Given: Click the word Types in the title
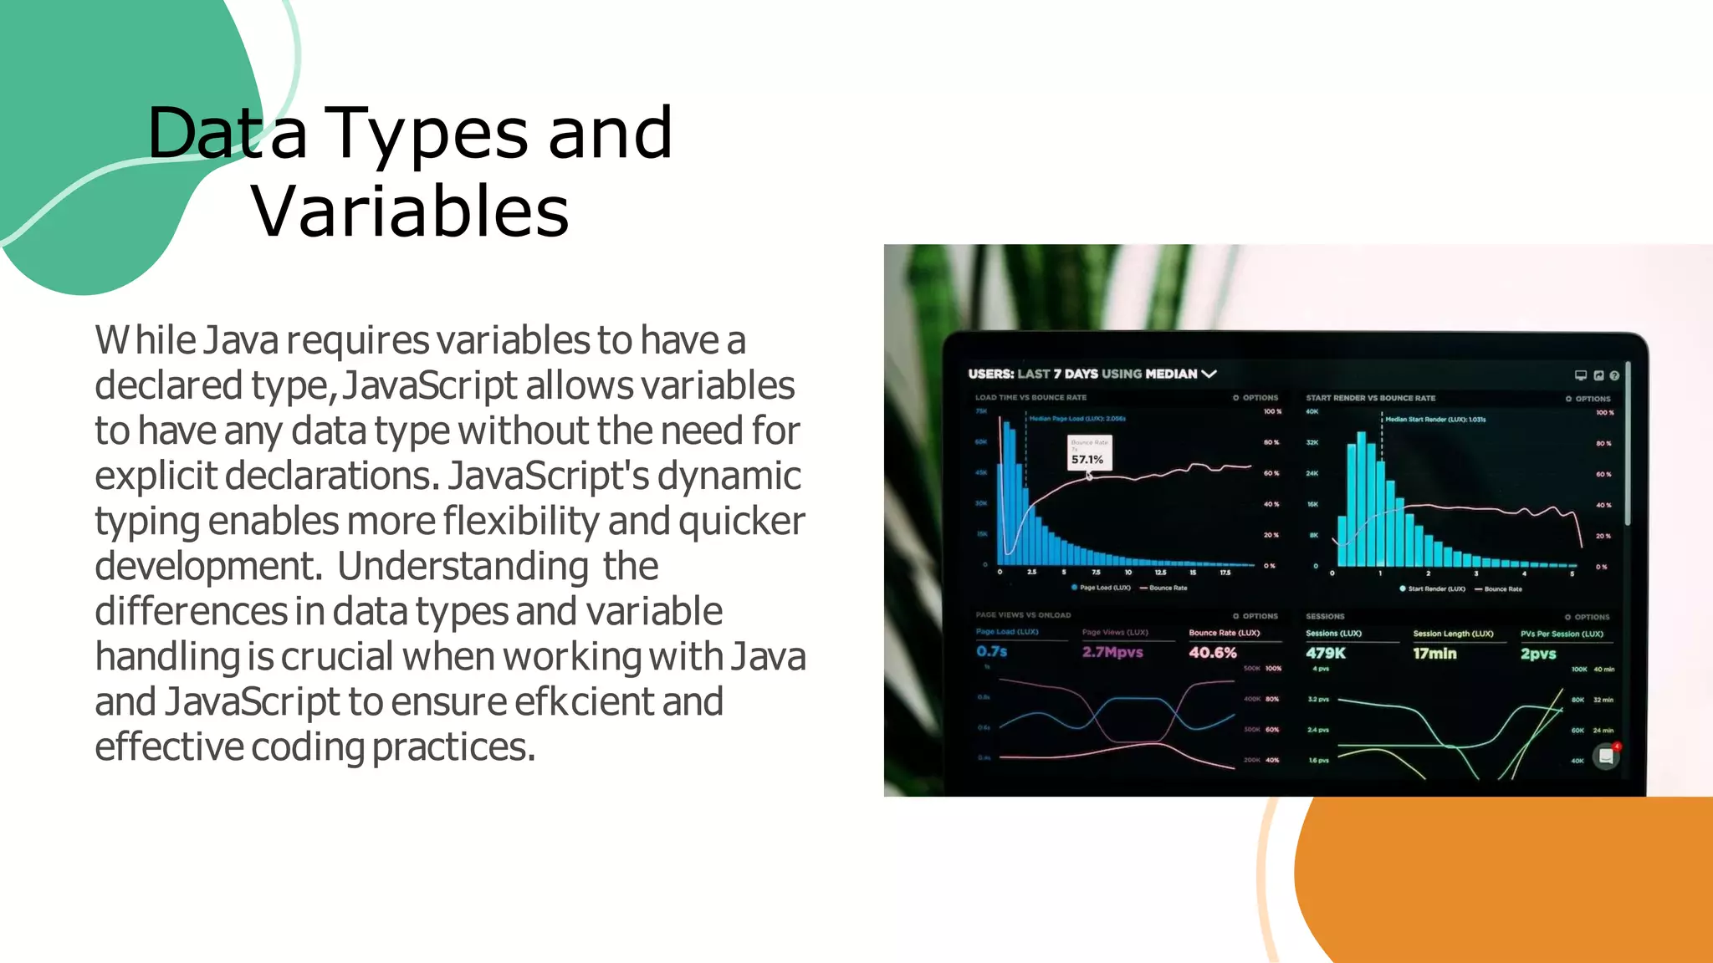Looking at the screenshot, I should pyautogui.click(x=426, y=135).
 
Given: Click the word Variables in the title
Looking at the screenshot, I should pyautogui.click(x=410, y=212).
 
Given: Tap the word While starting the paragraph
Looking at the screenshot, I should pyautogui.click(x=145, y=340).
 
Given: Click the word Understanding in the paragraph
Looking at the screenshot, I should pyautogui.click(x=463, y=566).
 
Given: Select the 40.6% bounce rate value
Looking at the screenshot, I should pyautogui.click(x=1212, y=653).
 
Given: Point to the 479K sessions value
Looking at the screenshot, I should pyautogui.click(x=1325, y=653).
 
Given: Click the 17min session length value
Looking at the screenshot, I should pyautogui.click(x=1434, y=654).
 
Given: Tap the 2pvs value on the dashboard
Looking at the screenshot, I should pyautogui.click(x=1537, y=654).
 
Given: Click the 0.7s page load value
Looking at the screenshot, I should pyautogui.click(x=991, y=651).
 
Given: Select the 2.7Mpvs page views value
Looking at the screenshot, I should pyautogui.click(x=1112, y=652).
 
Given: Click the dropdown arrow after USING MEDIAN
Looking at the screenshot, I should pyautogui.click(x=1209, y=374).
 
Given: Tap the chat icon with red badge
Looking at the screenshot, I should pyautogui.click(x=1606, y=757).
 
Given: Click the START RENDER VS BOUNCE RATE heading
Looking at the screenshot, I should pyautogui.click(x=1370, y=398).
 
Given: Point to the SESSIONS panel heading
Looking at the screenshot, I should pyautogui.click(x=1325, y=616).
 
